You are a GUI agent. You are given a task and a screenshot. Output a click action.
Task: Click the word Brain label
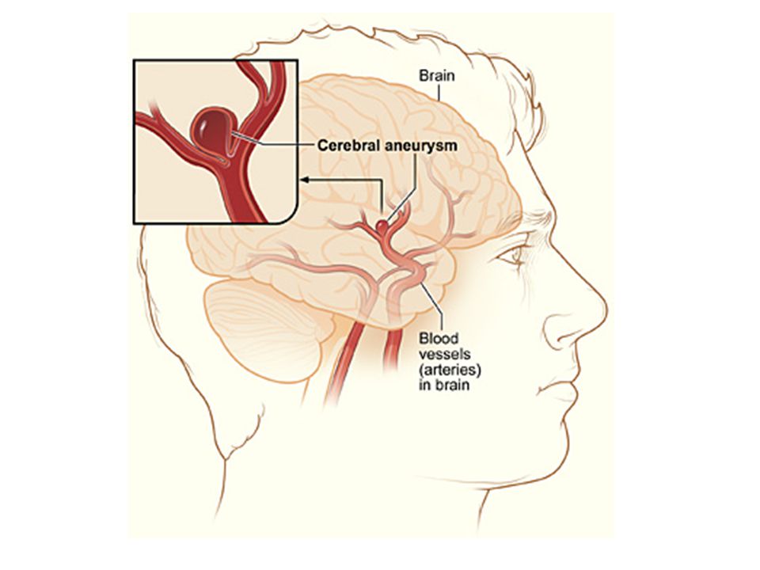pos(437,76)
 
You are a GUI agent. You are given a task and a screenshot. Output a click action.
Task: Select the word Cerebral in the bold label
pos(348,145)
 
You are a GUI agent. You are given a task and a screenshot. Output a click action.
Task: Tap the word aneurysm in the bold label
pos(420,146)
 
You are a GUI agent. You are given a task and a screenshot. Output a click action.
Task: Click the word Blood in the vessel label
pos(439,338)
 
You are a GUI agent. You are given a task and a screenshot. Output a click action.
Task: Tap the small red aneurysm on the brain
pos(382,225)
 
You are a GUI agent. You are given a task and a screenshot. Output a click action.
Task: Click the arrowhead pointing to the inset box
pos(305,180)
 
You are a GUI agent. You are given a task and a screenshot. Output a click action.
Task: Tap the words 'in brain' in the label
pos(444,386)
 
